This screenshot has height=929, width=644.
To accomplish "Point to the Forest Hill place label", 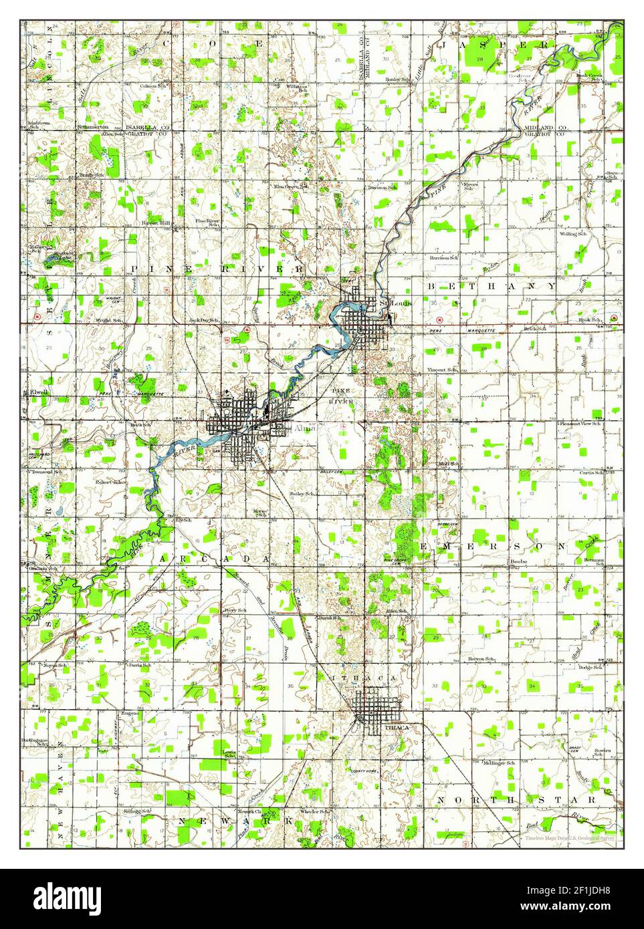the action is click(156, 223).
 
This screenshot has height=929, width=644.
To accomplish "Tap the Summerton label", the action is click(92, 127).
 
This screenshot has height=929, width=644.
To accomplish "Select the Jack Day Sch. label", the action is click(205, 321).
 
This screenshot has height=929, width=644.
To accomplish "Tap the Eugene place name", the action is click(129, 713).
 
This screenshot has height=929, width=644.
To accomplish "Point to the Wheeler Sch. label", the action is click(314, 811).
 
